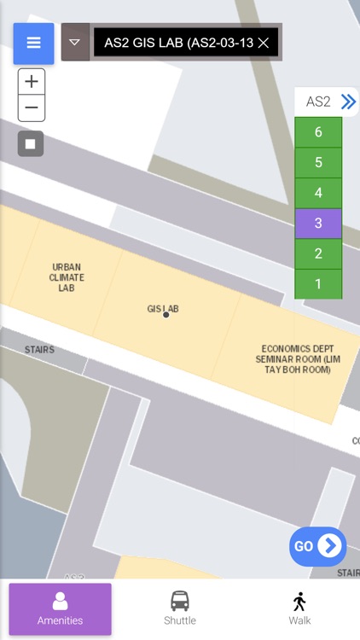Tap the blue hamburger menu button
[33, 43]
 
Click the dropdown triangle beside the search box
[75, 42]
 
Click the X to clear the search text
[264, 42]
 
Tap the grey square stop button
[31, 143]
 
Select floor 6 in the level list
[318, 132]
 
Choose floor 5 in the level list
[318, 162]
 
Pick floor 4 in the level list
[318, 193]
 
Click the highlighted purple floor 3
[318, 224]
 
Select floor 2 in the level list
[318, 253]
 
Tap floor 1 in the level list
[318, 284]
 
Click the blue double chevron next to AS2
[347, 102]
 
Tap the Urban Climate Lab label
[67, 277]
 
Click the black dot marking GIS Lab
[165, 315]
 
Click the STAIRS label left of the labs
[39, 350]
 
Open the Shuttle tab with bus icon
[179, 608]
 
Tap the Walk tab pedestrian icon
[299, 608]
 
